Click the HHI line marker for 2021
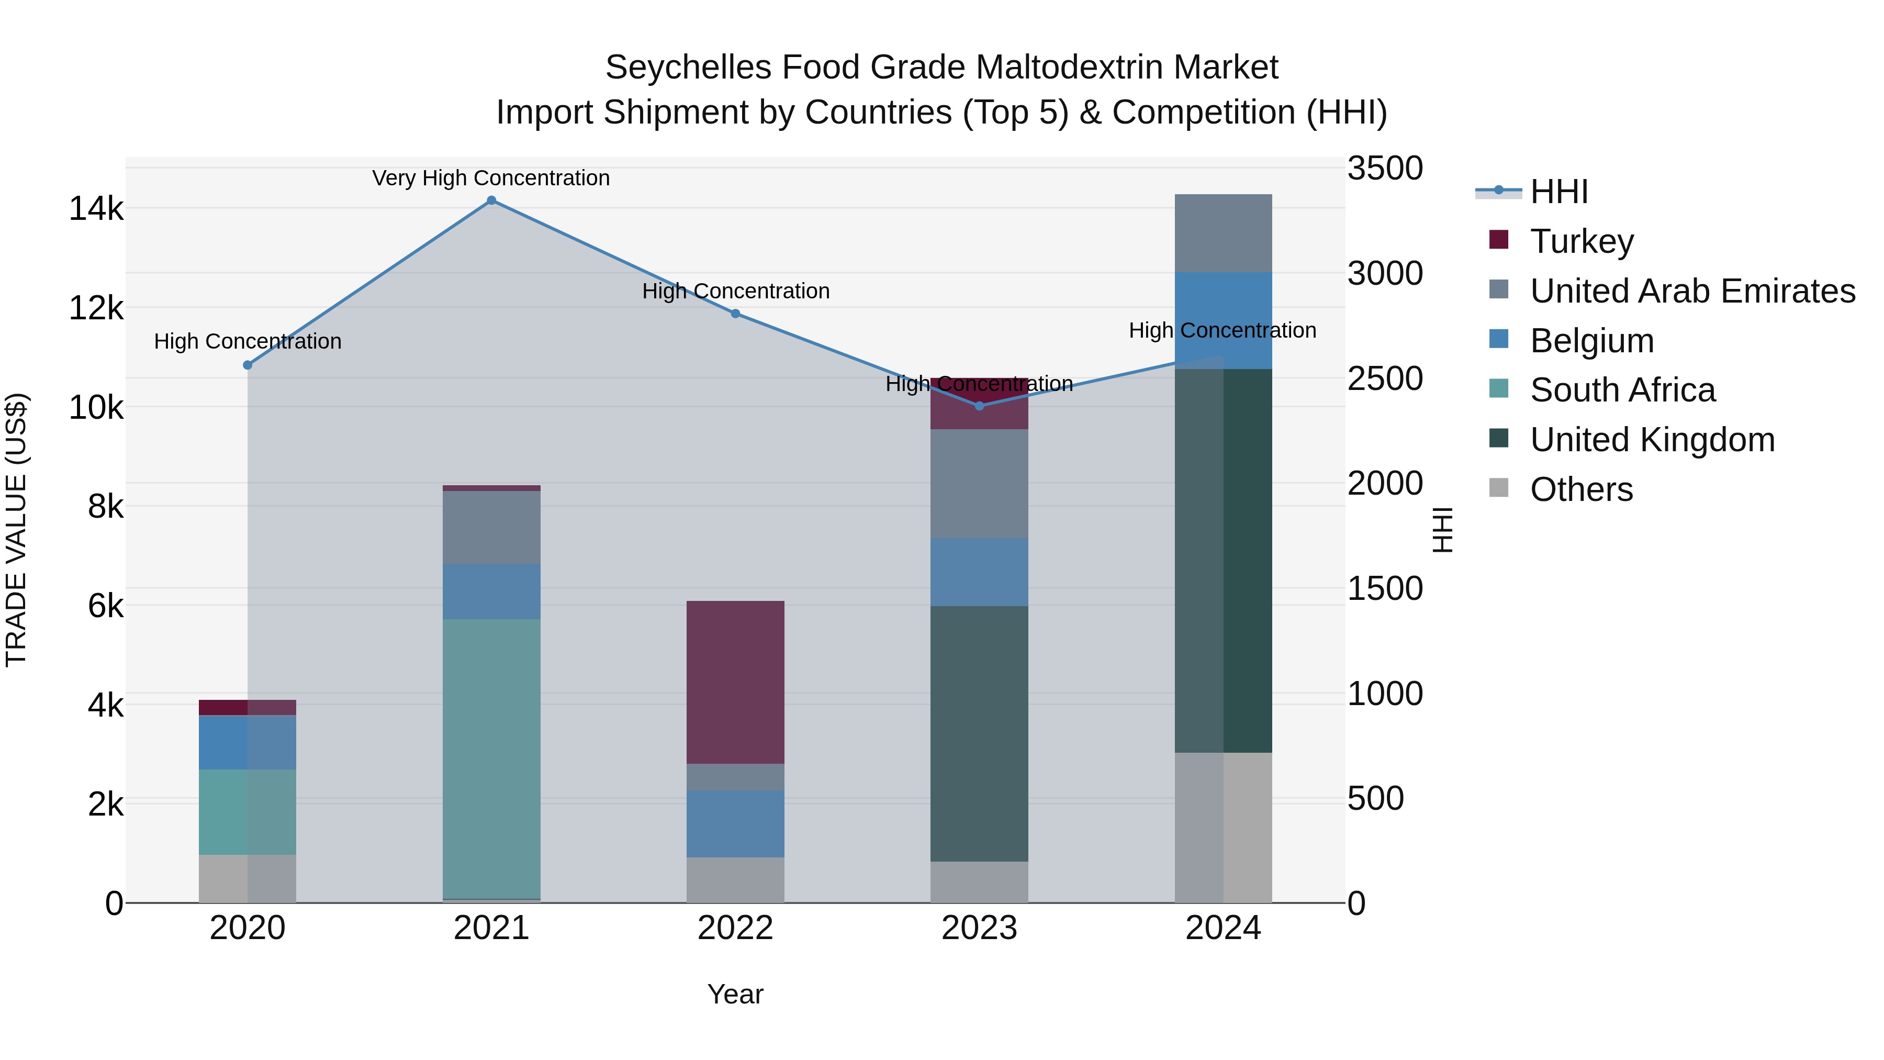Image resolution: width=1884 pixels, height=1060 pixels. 491,200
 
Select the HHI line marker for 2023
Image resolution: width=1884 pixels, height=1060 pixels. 979,405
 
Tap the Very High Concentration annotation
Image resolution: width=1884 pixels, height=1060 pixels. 491,178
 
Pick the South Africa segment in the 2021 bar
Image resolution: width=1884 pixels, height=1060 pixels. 491,758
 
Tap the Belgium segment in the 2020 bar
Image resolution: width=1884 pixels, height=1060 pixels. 247,742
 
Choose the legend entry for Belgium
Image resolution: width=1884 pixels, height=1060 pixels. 1591,341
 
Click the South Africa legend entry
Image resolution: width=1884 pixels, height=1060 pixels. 1622,390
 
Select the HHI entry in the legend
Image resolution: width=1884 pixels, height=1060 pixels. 1558,192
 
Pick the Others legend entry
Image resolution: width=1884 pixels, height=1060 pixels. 1581,489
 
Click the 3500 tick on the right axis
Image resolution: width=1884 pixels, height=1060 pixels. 1384,168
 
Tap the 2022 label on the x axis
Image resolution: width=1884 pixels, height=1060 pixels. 735,928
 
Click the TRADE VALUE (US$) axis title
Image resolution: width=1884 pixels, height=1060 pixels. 16,530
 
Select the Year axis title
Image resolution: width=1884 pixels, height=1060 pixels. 735,994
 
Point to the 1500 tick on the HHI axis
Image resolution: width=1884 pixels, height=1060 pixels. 1384,588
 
